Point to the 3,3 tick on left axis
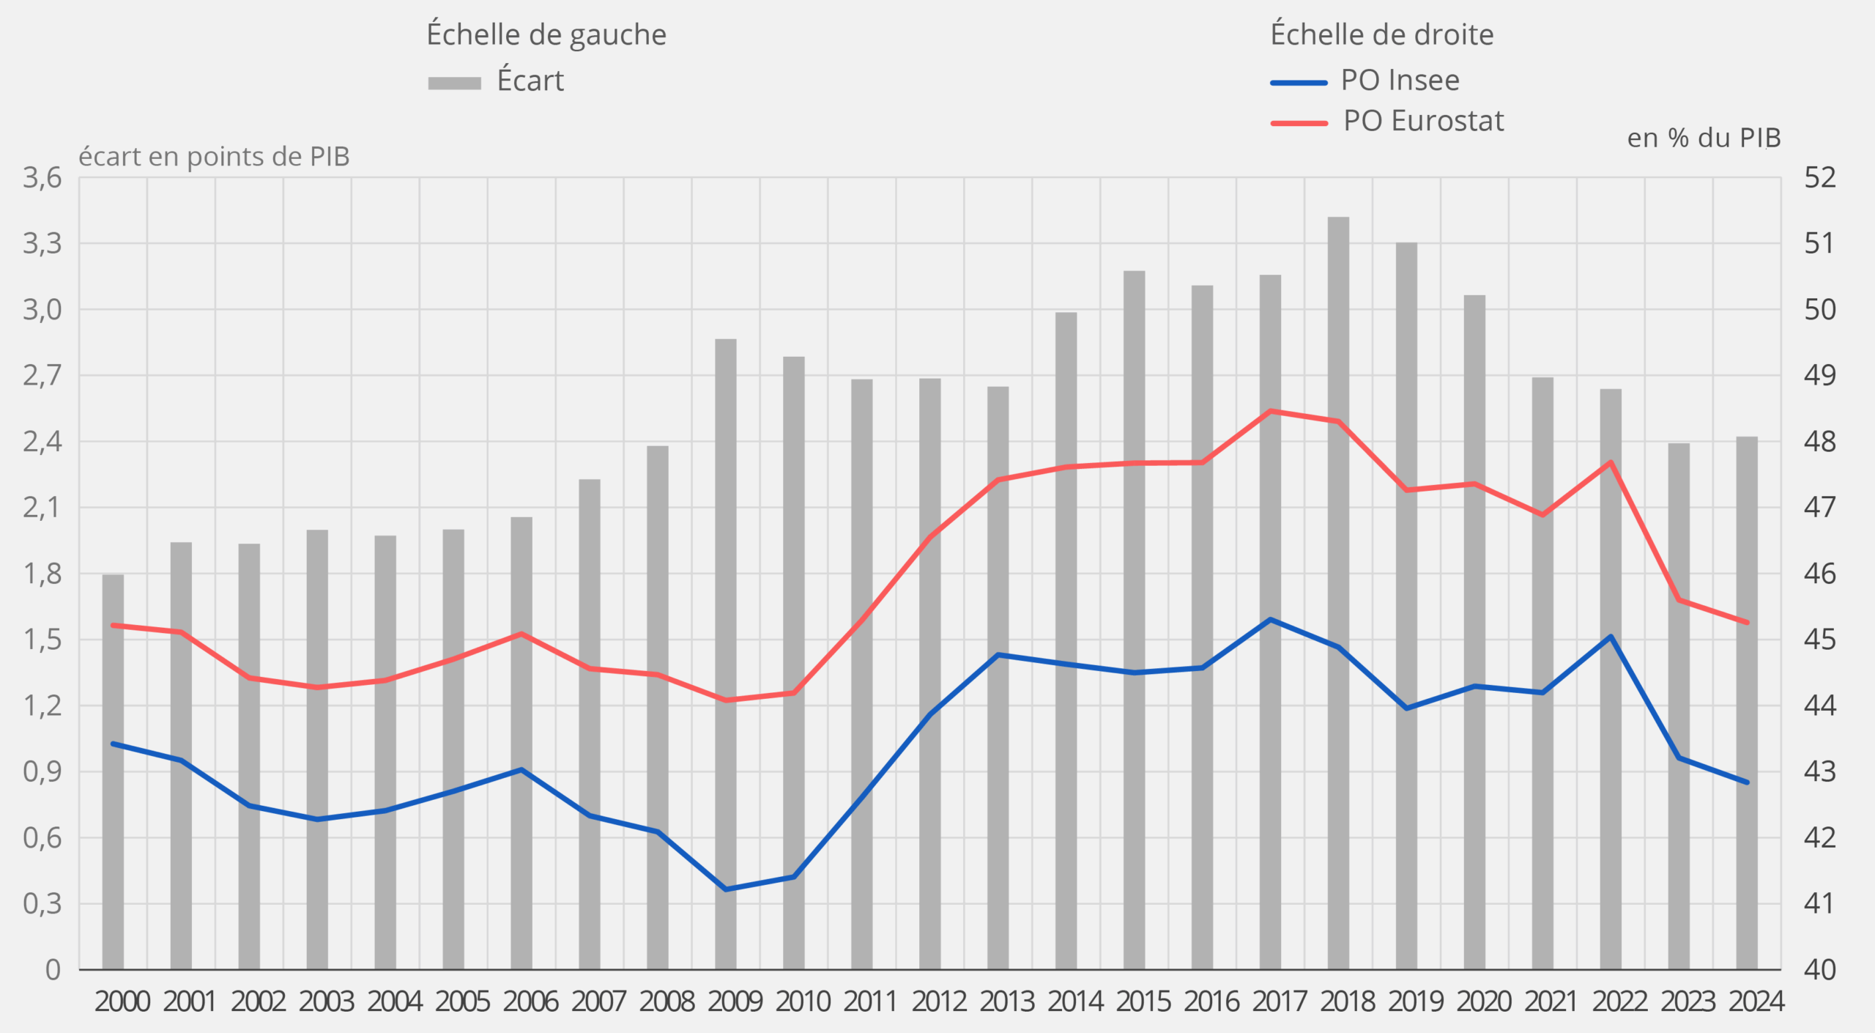42,243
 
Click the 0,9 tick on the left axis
42,771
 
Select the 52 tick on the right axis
1820,178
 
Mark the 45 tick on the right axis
1820,640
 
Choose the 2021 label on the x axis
1551,1001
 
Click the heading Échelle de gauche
546,35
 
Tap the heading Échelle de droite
1381,35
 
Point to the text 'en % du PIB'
1704,138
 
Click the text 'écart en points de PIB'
214,157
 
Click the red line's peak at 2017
1270,411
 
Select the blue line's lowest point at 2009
725,889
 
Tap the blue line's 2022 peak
1610,636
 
